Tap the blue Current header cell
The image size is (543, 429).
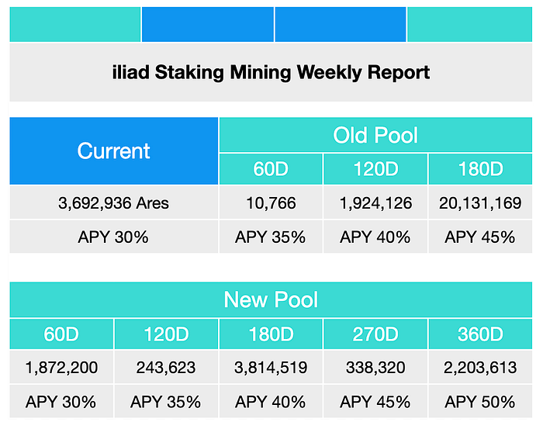114,151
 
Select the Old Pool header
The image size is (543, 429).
375,135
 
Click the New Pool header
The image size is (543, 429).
271,299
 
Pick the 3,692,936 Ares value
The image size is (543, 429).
113,203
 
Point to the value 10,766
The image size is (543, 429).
271,203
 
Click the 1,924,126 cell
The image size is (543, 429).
375,203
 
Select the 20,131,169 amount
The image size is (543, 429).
480,203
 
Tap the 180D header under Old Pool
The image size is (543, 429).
480,169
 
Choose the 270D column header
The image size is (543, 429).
375,334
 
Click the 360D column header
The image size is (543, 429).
480,334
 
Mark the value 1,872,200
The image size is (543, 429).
61,368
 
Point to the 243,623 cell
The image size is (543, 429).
166,368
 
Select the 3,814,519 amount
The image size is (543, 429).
271,368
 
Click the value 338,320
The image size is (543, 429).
375,368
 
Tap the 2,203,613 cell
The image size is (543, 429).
480,368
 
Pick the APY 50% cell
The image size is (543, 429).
480,402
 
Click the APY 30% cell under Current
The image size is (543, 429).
114,237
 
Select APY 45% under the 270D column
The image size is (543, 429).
375,402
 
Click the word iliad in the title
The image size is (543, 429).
131,72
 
